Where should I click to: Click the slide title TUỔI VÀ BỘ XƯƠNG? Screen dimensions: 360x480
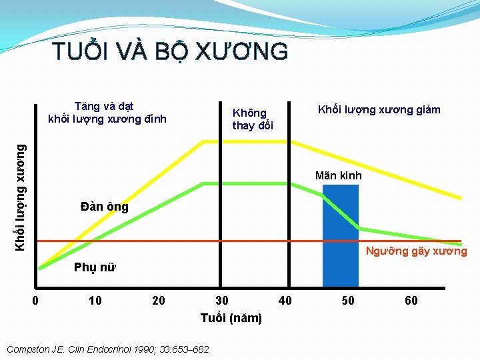tap(170, 51)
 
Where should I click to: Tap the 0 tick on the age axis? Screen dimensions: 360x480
tap(36, 301)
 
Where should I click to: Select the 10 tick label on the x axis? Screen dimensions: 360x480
tap(95, 301)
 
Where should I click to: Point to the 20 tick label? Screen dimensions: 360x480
tap(159, 301)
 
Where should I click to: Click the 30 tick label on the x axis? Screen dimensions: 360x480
tap(222, 301)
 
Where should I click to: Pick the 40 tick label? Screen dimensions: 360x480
tap(285, 301)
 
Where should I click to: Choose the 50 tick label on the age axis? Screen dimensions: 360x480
tap(348, 301)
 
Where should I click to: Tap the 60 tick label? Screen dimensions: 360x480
tap(411, 301)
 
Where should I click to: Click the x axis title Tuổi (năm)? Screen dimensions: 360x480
tap(231, 318)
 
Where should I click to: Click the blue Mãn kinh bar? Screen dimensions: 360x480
tap(340, 240)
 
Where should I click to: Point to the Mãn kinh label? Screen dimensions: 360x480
tap(339, 176)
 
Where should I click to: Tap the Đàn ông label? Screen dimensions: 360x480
tap(105, 207)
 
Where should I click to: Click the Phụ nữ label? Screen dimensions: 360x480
tap(95, 268)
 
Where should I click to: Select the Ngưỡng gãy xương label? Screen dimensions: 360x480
tap(417, 251)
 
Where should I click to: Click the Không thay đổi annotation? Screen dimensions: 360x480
tap(253, 119)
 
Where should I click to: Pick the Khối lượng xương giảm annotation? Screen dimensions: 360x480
tap(379, 109)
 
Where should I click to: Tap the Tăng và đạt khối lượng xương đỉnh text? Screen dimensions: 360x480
tap(107, 113)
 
